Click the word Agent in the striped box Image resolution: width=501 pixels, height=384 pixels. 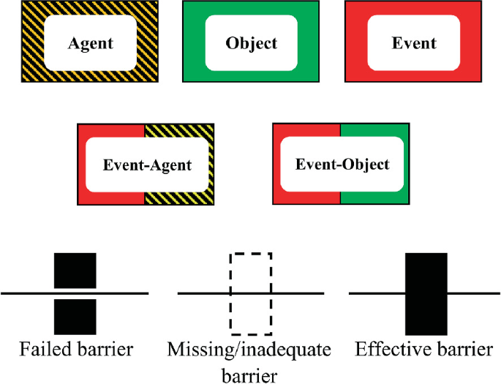pyautogui.click(x=91, y=43)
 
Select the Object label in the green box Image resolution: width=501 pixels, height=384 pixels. pyautogui.click(x=252, y=43)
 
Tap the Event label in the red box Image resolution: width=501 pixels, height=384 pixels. pyautogui.click(x=414, y=43)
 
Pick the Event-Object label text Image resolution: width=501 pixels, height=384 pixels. pyautogui.click(x=342, y=165)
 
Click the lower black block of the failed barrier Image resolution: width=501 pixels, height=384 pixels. pyautogui.click(x=75, y=315)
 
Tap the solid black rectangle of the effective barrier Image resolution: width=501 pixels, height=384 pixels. pyautogui.click(x=426, y=293)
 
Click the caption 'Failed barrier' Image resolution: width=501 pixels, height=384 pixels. pyautogui.click(x=75, y=350)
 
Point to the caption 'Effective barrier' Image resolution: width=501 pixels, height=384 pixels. pyautogui.click(x=424, y=350)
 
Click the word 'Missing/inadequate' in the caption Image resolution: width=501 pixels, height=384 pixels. pyautogui.click(x=249, y=350)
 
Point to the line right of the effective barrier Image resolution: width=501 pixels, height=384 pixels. pyautogui.click(x=472, y=293)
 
